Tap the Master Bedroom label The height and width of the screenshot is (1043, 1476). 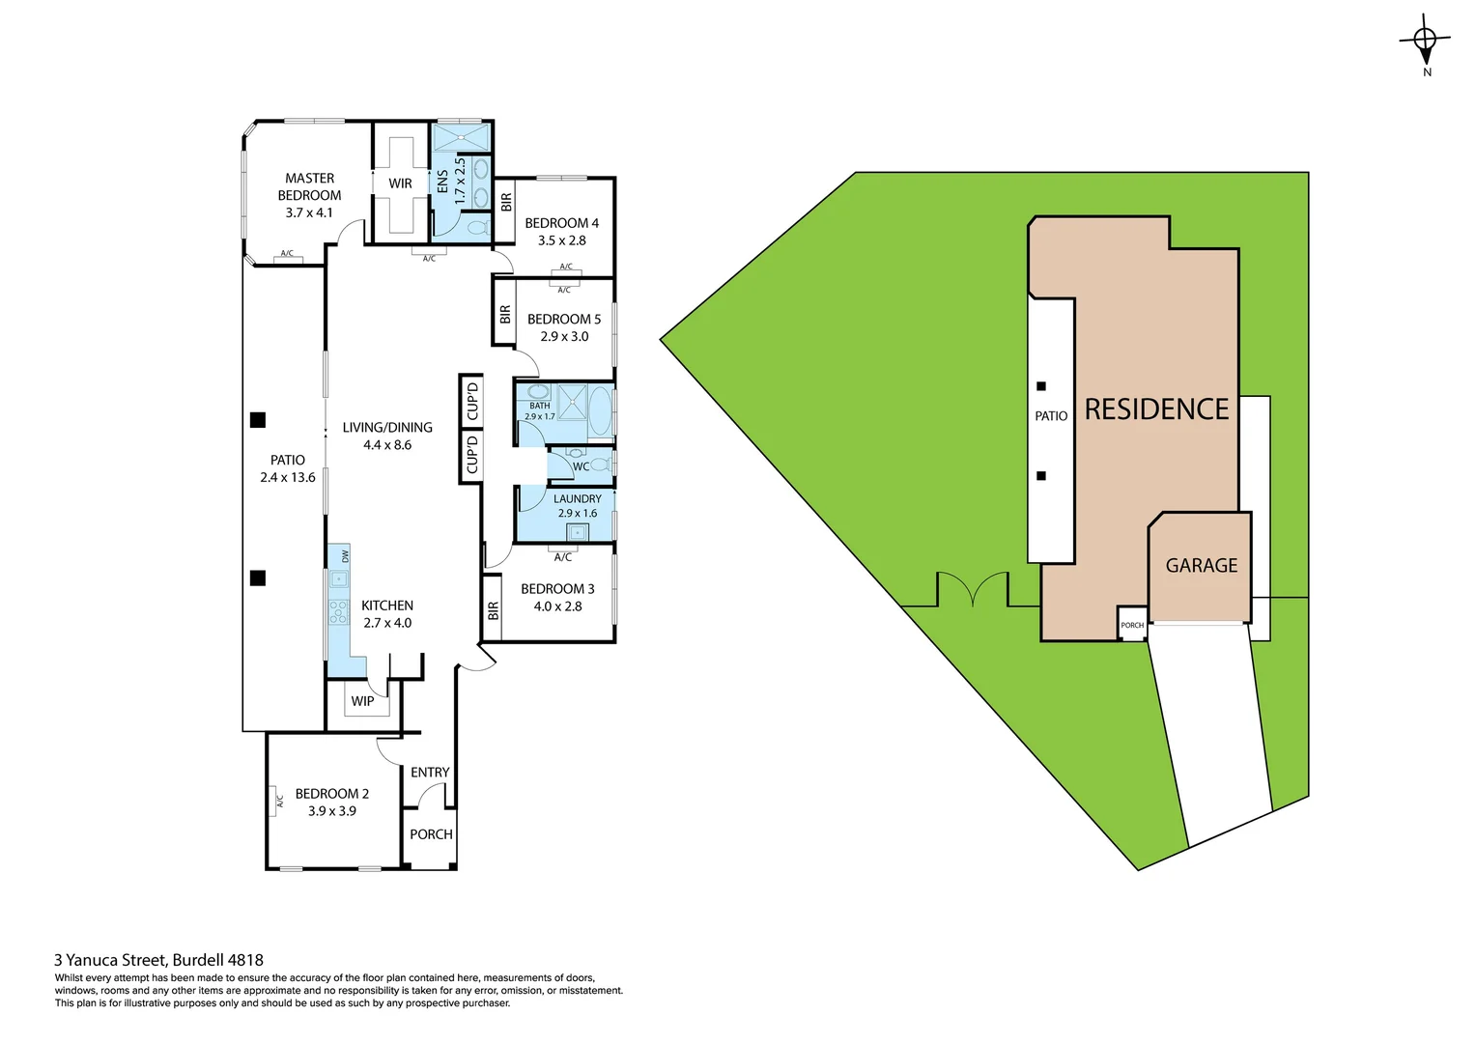click(x=309, y=186)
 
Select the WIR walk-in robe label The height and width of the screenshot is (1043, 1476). click(x=400, y=183)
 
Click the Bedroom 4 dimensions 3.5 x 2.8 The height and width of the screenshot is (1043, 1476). click(x=561, y=240)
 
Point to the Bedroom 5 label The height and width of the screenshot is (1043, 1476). click(x=563, y=319)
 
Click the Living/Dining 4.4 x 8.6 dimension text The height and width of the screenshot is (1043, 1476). click(x=387, y=445)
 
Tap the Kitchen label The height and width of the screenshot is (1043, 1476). click(x=387, y=606)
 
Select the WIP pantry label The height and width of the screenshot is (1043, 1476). click(x=362, y=701)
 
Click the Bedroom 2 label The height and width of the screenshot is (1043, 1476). click(x=331, y=794)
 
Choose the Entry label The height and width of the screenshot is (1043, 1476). click(x=430, y=773)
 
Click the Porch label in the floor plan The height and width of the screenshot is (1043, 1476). click(x=431, y=834)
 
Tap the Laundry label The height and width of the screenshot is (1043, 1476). click(x=577, y=499)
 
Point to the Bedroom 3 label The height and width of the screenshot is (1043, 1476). click(x=557, y=589)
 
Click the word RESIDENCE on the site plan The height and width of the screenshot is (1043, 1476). click(x=1156, y=409)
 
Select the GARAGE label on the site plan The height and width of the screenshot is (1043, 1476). click(x=1201, y=566)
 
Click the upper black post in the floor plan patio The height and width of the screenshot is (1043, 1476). click(x=258, y=420)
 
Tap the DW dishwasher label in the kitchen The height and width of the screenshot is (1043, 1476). click(x=345, y=555)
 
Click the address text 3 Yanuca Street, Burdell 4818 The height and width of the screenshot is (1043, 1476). click(x=158, y=960)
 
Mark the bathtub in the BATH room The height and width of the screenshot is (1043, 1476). click(x=600, y=410)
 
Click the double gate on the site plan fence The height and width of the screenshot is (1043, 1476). click(x=973, y=591)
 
